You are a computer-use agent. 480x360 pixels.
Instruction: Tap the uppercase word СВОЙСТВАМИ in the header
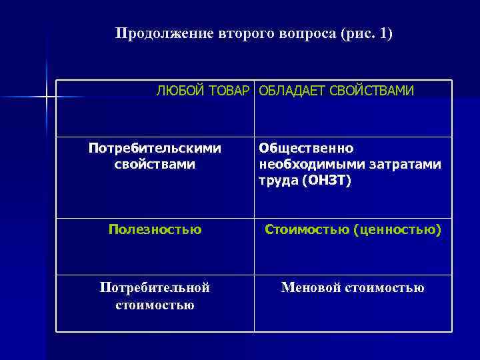(x=371, y=90)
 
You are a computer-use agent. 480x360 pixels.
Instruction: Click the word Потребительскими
(x=155, y=147)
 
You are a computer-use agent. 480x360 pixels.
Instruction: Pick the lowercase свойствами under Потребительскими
(x=155, y=163)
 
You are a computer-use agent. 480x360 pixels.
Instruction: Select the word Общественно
(x=307, y=147)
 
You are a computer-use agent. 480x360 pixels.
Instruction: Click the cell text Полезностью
(x=155, y=230)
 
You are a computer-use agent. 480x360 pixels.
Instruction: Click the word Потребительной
(x=155, y=287)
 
